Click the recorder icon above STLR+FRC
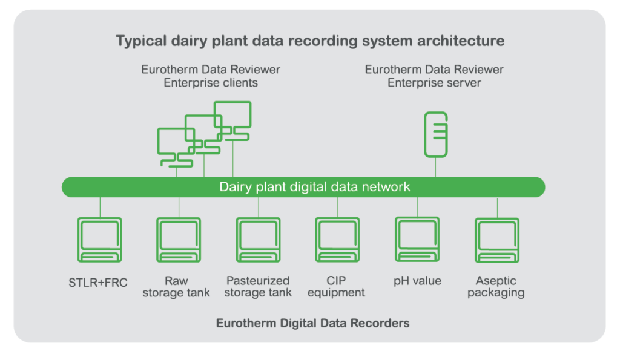coord(100,240)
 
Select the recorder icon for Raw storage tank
coord(179,240)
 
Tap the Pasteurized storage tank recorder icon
coord(259,240)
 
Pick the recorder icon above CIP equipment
coord(338,240)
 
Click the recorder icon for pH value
coord(418,239)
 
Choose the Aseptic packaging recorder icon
coord(498,240)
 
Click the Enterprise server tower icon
coord(436,134)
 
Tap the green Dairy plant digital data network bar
coord(303,187)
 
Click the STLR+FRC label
coord(98,283)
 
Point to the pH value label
coord(418,281)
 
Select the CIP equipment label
coord(336,287)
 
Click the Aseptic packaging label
coord(496,287)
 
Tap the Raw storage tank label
coord(176,287)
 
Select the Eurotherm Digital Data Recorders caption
coord(313,323)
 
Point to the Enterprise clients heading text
coord(211,76)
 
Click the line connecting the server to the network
coord(436,167)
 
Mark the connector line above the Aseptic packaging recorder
coord(498,208)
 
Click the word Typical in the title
coord(141,41)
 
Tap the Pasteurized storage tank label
coord(258,287)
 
